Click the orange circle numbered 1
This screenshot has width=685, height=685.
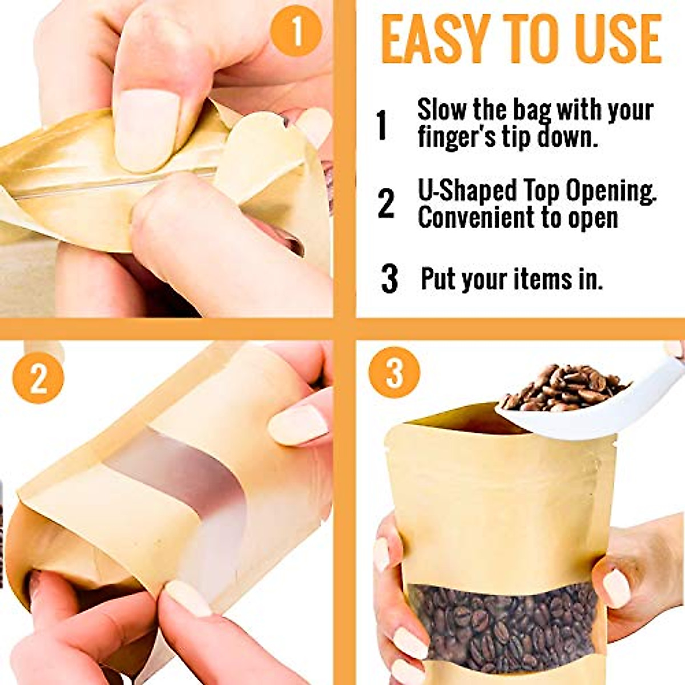click(x=296, y=31)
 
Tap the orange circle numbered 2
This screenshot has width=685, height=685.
click(x=38, y=377)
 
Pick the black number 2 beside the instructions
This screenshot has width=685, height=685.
click(x=386, y=204)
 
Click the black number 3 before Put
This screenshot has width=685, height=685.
click(x=389, y=279)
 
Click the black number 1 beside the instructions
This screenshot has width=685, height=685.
click(x=382, y=125)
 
